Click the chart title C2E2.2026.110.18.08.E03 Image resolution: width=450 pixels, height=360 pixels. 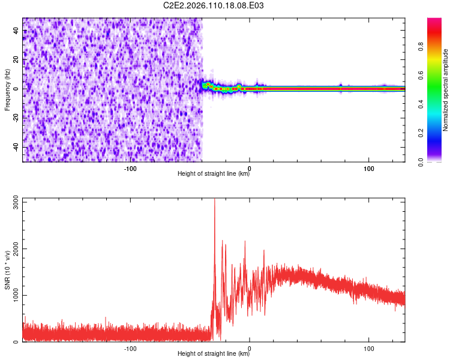(214, 6)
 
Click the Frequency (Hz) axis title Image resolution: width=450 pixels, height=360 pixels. (7, 90)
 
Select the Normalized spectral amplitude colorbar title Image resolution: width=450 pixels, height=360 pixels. (446, 90)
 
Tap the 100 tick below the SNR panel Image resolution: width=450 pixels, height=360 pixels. (368, 349)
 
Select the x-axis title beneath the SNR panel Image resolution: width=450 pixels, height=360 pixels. (214, 354)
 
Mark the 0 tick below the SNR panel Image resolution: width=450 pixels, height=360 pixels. (249, 349)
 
